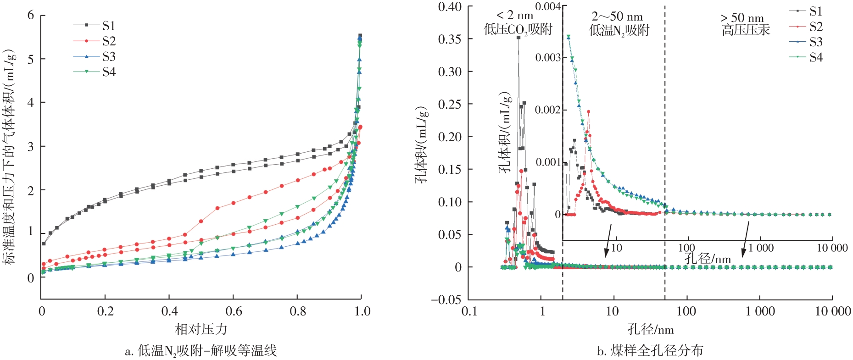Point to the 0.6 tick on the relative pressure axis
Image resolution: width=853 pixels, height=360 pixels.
click(234, 311)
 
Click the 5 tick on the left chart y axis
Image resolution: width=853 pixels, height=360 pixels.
click(31, 59)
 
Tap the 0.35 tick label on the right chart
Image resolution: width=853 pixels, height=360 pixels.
click(449, 39)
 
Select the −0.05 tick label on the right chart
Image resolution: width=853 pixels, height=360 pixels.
click(446, 300)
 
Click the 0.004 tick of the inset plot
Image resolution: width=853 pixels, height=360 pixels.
click(548, 6)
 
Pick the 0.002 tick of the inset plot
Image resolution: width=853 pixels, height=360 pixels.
click(548, 110)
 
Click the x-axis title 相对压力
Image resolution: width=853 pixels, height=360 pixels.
click(201, 329)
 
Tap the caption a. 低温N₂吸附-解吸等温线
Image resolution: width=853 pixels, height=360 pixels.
click(201, 351)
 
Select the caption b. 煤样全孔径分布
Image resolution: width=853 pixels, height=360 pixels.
click(650, 351)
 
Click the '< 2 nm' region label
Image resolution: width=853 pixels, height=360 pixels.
click(515, 16)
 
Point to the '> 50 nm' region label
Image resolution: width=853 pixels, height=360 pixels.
click(742, 18)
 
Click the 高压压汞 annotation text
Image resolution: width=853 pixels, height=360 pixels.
click(746, 31)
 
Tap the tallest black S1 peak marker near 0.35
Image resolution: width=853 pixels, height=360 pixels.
click(518, 38)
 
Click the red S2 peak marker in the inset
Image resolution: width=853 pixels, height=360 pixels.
click(588, 111)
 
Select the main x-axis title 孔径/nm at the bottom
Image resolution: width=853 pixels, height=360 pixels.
click(650, 329)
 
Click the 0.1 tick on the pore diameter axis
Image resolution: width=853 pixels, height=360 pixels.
click(469, 311)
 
